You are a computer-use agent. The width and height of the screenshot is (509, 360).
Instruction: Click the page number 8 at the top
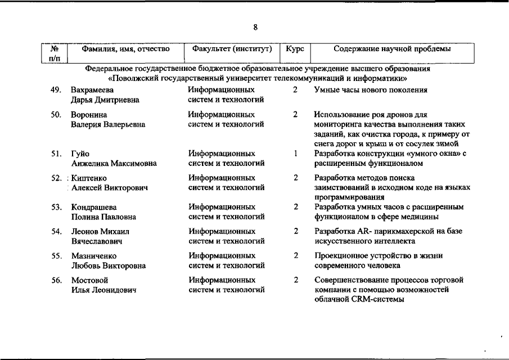pos(255,26)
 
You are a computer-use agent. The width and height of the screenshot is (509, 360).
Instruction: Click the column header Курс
pos(295,49)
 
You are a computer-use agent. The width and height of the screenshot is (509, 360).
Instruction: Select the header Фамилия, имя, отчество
pos(126,49)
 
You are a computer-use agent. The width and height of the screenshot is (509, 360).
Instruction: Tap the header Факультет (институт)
pos(232,49)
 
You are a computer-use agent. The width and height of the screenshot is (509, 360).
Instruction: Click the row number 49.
pos(56,90)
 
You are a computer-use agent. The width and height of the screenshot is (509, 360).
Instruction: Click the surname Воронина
pos(85,115)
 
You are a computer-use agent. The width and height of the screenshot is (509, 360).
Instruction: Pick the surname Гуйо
pos(80,154)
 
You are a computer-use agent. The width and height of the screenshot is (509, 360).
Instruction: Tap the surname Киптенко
pos(89,178)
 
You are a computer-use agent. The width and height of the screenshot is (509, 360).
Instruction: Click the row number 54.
pos(56,231)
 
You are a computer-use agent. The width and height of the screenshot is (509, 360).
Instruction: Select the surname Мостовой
pos(89,280)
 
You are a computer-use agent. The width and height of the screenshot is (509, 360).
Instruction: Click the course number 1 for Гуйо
pos(295,154)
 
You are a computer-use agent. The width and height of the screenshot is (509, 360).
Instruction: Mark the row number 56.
pos(56,280)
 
